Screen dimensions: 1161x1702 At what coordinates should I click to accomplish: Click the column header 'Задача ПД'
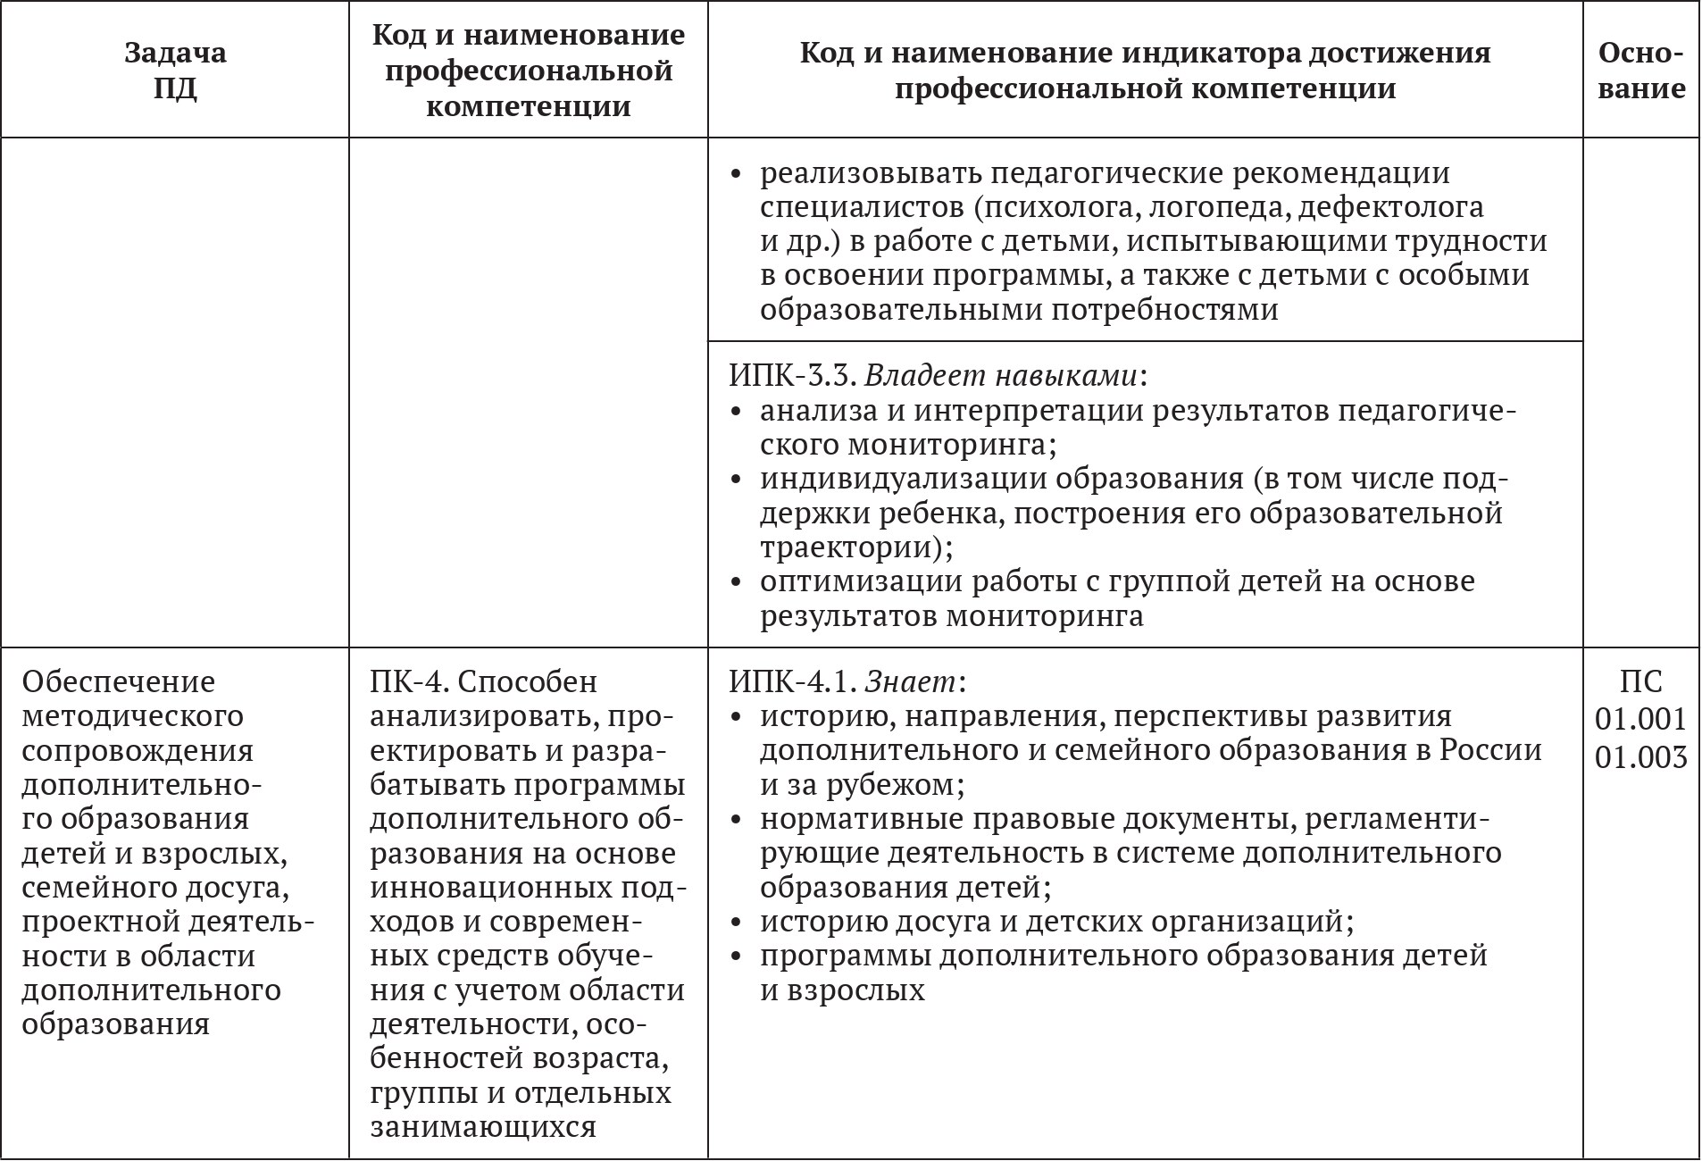click(x=175, y=70)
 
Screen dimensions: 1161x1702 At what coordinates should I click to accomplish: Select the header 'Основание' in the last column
click(x=1641, y=70)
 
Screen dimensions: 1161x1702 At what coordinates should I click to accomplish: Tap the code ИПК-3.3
click(x=792, y=376)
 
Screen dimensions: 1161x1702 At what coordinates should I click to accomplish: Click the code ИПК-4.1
click(x=792, y=682)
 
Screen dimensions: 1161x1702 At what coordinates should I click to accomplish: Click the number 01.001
click(x=1641, y=719)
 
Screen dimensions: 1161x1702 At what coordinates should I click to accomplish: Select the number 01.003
click(x=1641, y=756)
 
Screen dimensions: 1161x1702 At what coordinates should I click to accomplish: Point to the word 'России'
click(x=1490, y=750)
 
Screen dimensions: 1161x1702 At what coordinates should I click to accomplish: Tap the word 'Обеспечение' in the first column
click(x=119, y=682)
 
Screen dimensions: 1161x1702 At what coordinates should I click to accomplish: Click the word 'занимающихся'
click(x=483, y=1127)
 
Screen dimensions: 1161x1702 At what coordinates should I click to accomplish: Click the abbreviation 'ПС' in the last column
click(x=1641, y=682)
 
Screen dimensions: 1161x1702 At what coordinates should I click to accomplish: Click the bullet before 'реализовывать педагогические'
click(x=737, y=174)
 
